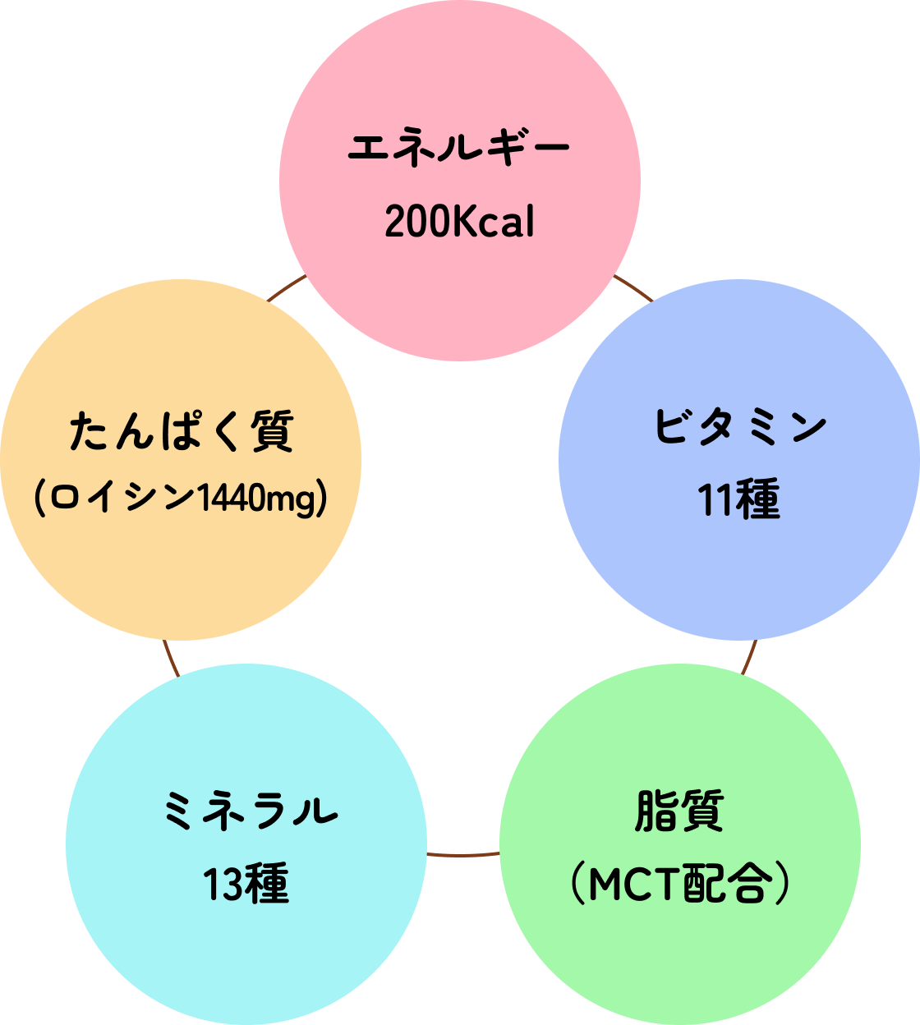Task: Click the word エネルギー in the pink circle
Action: coord(458,149)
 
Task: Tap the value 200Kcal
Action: coord(459,222)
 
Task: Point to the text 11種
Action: coord(738,499)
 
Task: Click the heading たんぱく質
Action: coord(182,431)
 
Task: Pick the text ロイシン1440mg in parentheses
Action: coord(182,498)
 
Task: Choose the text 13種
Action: coord(246,885)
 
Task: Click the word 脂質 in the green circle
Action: coord(679,811)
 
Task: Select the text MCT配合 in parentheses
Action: coord(679,884)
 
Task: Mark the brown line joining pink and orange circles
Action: coord(287,288)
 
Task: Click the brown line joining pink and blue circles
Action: coord(633,288)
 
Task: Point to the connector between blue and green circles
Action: coord(749,657)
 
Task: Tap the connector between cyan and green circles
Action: coord(463,854)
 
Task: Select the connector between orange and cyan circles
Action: coord(170,657)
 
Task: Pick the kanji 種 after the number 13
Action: coord(267,885)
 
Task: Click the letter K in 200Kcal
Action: coord(463,222)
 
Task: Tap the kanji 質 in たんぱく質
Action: coord(272,431)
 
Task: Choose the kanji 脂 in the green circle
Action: coord(656,811)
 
